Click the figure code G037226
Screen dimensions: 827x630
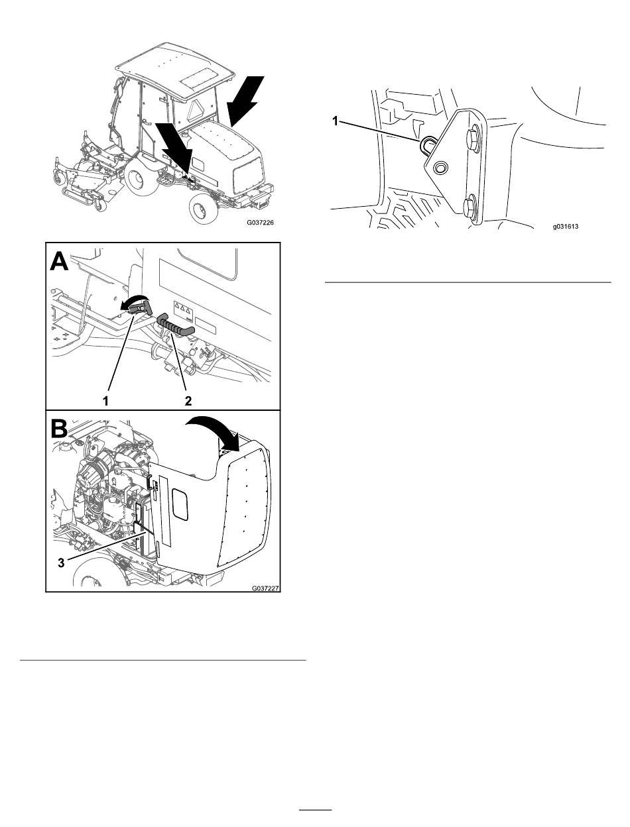click(260, 223)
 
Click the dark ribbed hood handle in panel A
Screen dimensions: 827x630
click(176, 325)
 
